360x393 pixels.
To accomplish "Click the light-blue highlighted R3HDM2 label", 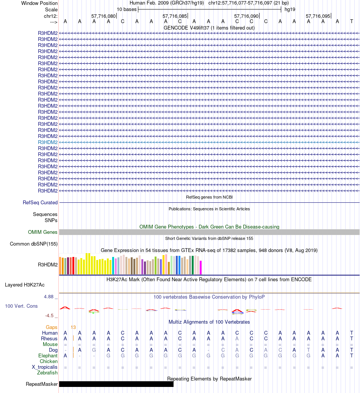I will (x=48, y=142).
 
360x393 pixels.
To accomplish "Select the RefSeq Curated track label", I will (x=40, y=203).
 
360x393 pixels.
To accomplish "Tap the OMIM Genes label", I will (x=43, y=232).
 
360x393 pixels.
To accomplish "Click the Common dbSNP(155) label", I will (x=34, y=244).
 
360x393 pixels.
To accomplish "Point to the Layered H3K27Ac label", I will (x=25, y=285).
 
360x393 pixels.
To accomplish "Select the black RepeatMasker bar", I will (x=116, y=384).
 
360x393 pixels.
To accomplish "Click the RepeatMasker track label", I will (x=42, y=384).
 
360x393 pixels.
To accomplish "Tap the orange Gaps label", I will (x=52, y=327).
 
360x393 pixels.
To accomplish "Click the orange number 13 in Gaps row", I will (x=73, y=327).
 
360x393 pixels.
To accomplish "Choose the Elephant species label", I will (x=48, y=356).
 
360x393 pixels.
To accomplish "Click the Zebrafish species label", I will (x=47, y=373).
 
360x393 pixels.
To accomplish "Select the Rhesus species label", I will (x=49, y=338).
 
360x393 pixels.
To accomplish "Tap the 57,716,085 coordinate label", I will (x=175, y=16).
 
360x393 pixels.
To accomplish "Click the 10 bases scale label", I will (x=127, y=9).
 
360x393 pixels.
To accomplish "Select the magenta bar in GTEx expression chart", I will (x=200, y=267).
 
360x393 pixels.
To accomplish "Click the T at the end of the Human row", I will (x=352, y=333).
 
